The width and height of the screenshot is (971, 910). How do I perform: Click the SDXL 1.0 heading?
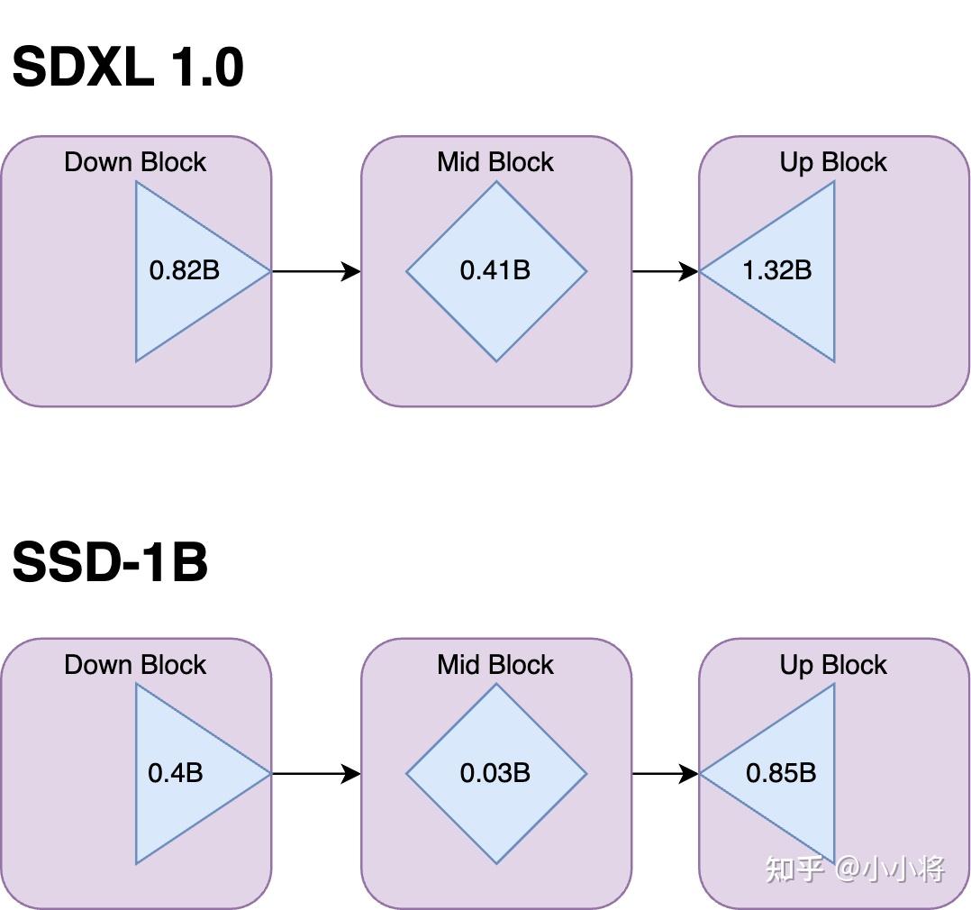[127, 68]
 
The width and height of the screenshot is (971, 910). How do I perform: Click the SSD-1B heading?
[109, 562]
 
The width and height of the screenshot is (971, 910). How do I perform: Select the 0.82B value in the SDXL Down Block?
[184, 270]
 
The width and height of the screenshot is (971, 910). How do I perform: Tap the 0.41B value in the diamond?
[495, 270]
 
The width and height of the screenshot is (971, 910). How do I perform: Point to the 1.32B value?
[776, 270]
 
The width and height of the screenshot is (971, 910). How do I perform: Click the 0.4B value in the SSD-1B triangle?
[175, 773]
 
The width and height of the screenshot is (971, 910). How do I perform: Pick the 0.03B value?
[495, 773]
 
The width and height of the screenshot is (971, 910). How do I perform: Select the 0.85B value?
[780, 773]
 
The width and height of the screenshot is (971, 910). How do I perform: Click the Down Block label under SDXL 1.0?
[135, 162]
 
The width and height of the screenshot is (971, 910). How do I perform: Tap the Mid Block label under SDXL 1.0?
[495, 162]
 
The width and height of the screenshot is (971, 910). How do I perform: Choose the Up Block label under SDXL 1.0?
[833, 162]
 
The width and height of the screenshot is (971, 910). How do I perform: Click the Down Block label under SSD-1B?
[135, 665]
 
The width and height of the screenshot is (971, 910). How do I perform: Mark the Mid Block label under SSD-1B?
[495, 665]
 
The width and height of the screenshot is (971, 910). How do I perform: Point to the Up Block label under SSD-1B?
[833, 665]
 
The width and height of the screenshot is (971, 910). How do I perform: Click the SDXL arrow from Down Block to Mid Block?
[315, 270]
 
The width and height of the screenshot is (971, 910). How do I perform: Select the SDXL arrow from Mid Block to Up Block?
[665, 270]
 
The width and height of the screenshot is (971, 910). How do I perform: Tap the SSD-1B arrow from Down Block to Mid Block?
[315, 773]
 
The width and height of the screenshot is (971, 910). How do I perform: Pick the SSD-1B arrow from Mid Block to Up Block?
[665, 773]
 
